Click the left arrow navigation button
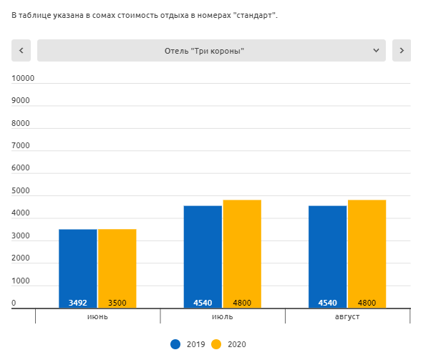pos(21,50)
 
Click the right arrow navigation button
pos(402,50)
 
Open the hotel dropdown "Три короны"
pos(211,50)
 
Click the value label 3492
pos(77,303)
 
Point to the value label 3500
pos(117,303)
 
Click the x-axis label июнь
pos(97,316)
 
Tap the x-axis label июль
pos(222,316)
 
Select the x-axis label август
pos(347,316)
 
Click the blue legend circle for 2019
pos(175,344)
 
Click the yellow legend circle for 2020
pos(216,344)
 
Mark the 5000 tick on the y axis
pos(21,191)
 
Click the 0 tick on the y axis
pos(14,303)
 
